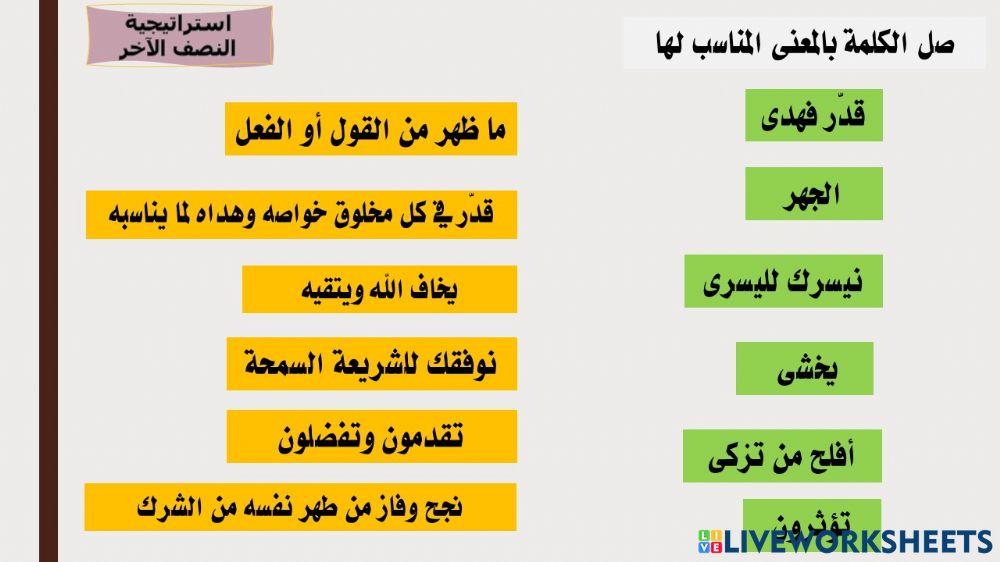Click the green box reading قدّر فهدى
click(813, 115)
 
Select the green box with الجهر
click(813, 193)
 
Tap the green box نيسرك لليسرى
click(783, 281)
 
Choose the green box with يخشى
click(805, 368)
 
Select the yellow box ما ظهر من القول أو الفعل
click(371, 129)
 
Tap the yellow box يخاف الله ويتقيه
click(379, 289)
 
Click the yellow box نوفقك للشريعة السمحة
click(371, 363)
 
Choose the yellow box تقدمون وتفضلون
click(371, 436)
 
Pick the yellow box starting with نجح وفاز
click(300, 507)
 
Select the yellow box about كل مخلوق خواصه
click(301, 214)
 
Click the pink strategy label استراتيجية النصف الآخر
click(179, 35)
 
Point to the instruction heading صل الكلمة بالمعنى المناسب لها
click(805, 43)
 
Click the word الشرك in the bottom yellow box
click(163, 507)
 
